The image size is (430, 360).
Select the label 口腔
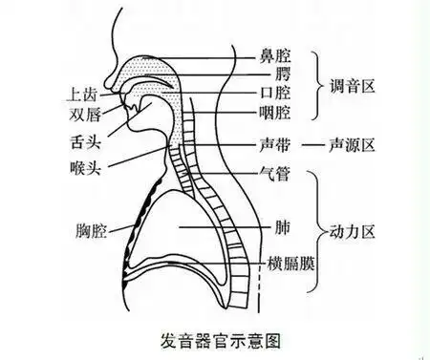(x=276, y=94)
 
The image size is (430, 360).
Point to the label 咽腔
(x=276, y=115)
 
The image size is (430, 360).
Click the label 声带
(x=276, y=146)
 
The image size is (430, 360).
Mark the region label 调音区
(x=353, y=84)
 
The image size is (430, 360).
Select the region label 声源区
(x=353, y=146)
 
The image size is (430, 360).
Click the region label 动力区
(x=353, y=229)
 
